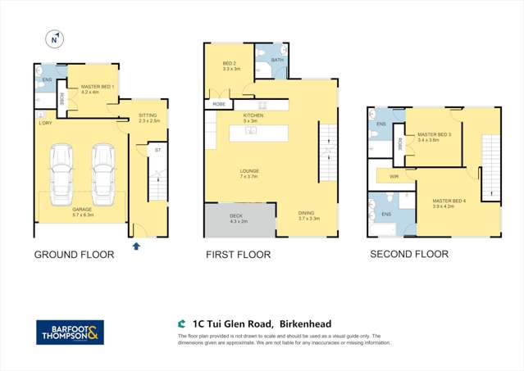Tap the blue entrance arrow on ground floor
click(x=136, y=244)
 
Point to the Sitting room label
click(x=148, y=117)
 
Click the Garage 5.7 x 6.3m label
click(x=81, y=211)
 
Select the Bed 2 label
click(x=230, y=66)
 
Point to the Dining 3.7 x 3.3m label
click(x=310, y=216)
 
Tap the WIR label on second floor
click(x=394, y=176)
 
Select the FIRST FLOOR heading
click(x=238, y=255)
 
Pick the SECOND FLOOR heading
click(x=409, y=254)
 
